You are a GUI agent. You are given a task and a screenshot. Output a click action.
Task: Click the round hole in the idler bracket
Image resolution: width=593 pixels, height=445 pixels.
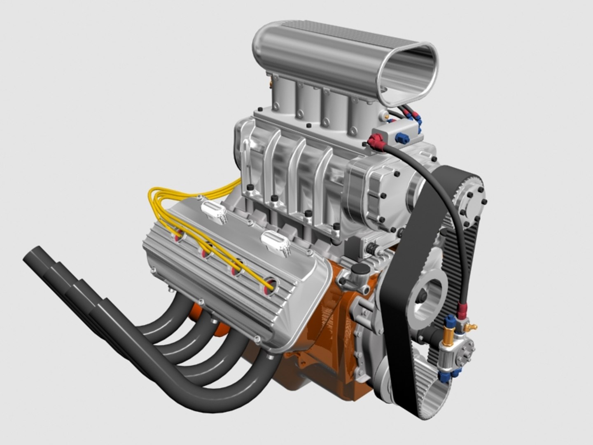point(428,297)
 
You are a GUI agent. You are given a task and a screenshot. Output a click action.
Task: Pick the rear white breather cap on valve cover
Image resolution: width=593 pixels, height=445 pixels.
point(213,211)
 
